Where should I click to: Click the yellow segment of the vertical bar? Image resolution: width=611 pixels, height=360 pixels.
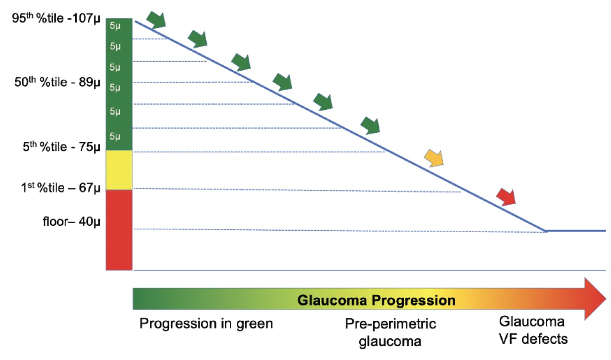pos(119,170)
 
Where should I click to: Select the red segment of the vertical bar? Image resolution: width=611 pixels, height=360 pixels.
pos(119,230)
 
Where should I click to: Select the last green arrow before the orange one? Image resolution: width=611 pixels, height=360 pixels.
pos(371,125)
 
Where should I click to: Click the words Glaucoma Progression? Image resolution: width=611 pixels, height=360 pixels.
pos(376,301)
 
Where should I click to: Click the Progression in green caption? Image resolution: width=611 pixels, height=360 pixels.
pos(206,324)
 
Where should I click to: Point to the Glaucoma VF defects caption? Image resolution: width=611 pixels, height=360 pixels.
pos(533,330)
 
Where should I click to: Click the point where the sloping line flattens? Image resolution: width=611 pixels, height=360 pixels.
pos(546,231)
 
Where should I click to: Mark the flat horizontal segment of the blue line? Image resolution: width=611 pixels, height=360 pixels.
pos(577,231)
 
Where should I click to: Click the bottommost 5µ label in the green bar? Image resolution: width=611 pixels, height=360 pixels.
pos(115,136)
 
